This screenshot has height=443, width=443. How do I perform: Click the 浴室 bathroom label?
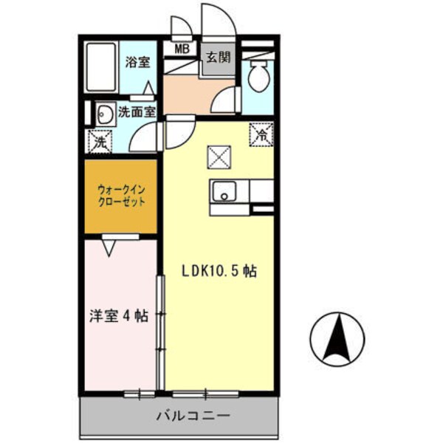pyautogui.click(x=137, y=63)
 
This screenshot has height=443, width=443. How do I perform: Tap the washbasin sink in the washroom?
pyautogui.click(x=104, y=114)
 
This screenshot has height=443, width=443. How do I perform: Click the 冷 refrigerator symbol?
pyautogui.click(x=262, y=134)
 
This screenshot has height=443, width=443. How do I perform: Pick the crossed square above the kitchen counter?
pyautogui.click(x=219, y=156)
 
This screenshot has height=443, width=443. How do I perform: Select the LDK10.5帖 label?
pyautogui.click(x=219, y=271)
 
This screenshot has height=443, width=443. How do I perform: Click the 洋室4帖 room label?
pyautogui.click(x=114, y=316)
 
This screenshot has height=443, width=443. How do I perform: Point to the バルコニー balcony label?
pyautogui.click(x=193, y=416)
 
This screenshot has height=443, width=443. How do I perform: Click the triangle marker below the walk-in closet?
pyautogui.click(x=109, y=248)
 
